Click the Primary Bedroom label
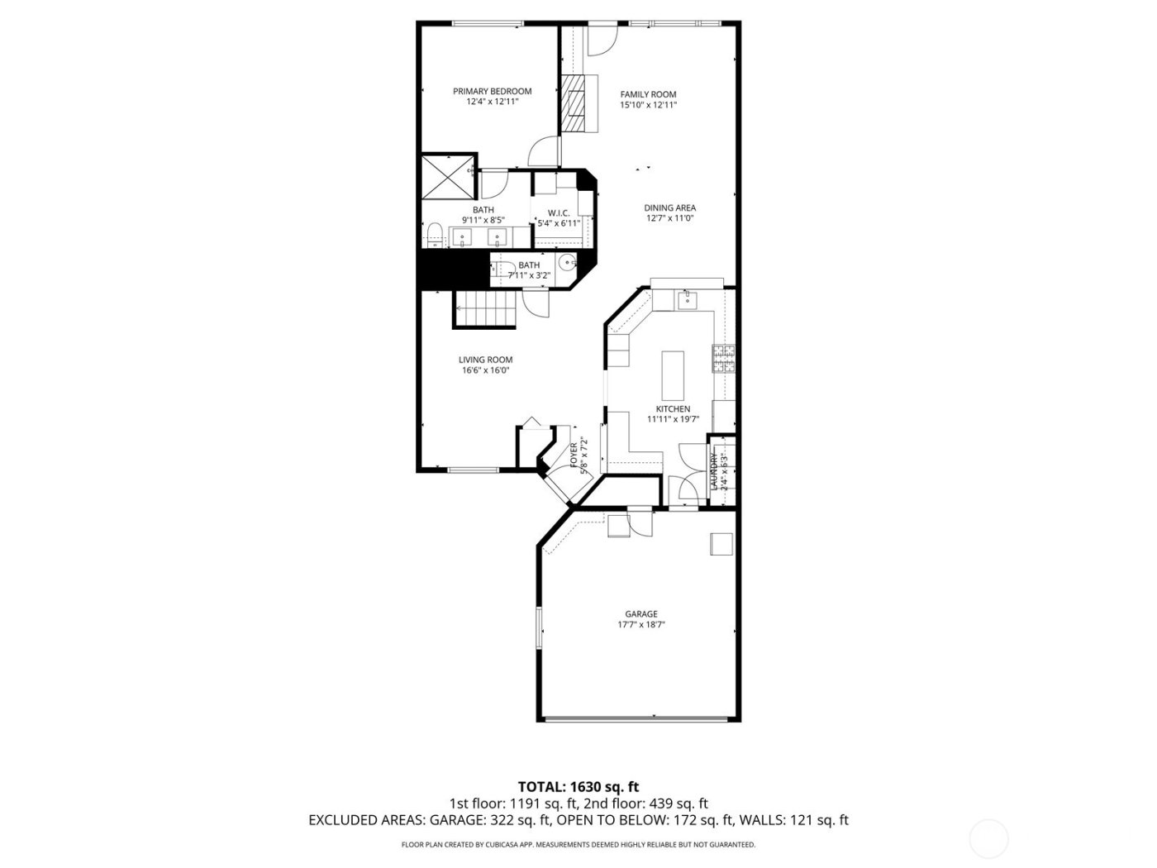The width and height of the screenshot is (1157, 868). pos(492,91)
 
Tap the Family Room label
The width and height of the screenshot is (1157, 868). pos(649,94)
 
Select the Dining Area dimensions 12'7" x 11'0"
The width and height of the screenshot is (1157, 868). pos(669,219)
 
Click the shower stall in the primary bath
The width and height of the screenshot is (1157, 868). pos(448,175)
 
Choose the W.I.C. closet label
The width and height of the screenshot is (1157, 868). pos(559,212)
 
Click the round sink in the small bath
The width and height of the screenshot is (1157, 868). pos(567,263)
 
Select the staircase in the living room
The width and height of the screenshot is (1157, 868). pos(483,310)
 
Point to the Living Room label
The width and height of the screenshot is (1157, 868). pos(486,360)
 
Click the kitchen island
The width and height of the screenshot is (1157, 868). pos(673,374)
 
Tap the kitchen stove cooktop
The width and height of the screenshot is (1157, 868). pos(725,356)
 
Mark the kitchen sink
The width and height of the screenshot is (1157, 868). pos(686,300)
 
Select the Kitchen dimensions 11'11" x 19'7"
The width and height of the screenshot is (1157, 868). pos(674,419)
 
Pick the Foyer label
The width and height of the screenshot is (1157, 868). pos(574,455)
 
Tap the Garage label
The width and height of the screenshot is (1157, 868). pos(641,614)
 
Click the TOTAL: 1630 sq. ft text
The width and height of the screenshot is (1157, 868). pos(578,787)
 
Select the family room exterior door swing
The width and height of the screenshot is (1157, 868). pos(601,41)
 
